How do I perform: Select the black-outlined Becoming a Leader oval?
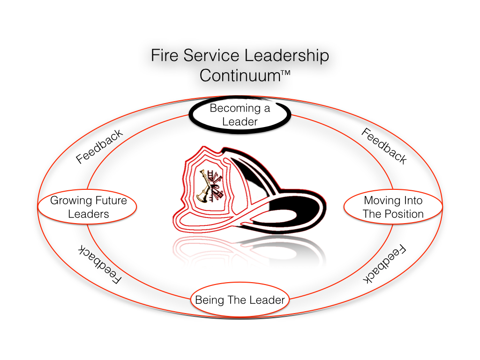coord(240,115)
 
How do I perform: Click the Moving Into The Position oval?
coord(393,207)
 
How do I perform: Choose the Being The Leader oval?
coord(240,300)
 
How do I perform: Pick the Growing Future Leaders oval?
coord(88,207)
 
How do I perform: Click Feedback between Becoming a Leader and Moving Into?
coord(384,146)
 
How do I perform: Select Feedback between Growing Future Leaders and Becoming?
coord(99,146)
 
